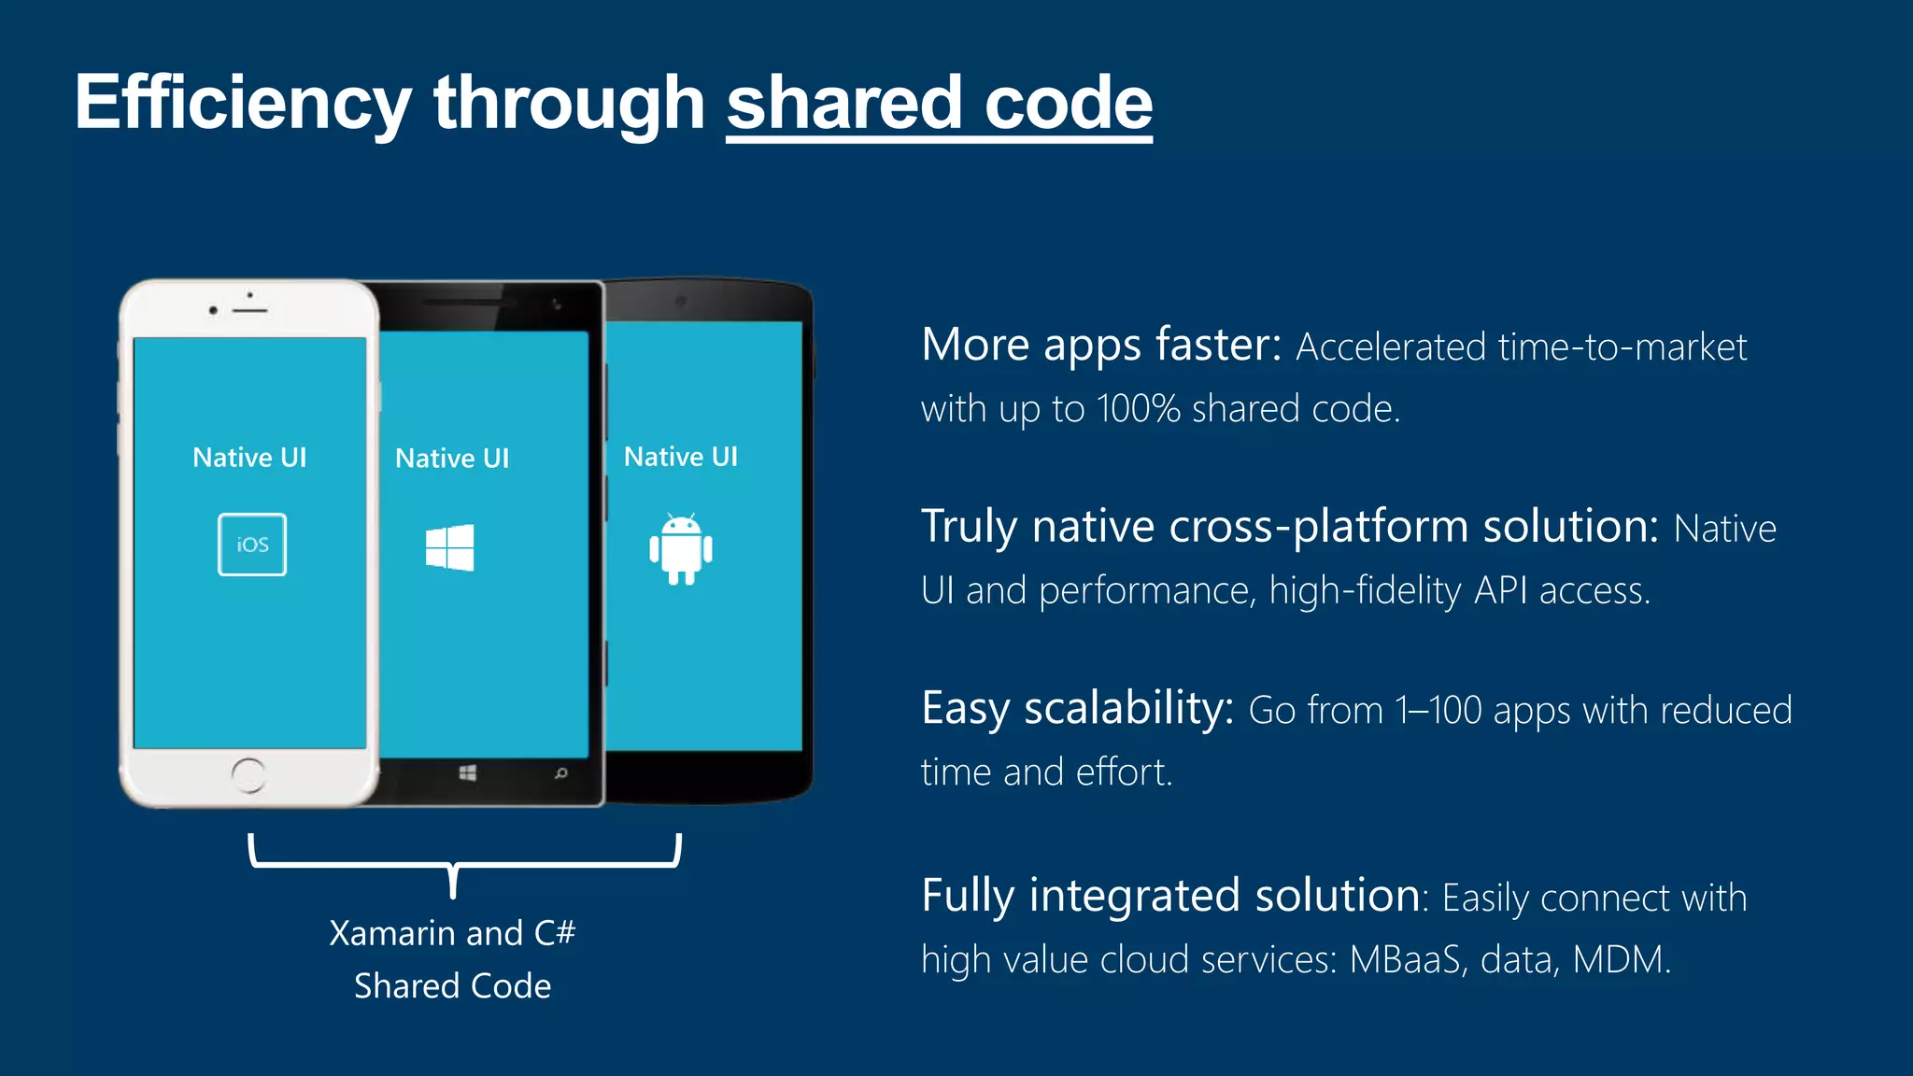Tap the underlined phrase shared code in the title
pos(939,103)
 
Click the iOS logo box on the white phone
pos(252,545)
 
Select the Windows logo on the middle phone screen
pos(449,547)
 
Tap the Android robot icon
pos(681,549)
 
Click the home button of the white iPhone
pos(248,774)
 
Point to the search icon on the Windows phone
pos(560,773)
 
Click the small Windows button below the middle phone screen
pos(468,773)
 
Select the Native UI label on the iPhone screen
pos(249,458)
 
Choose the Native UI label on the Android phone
pos(681,457)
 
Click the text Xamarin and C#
pos(452,933)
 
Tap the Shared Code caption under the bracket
pos(452,986)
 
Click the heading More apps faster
pos(1100,346)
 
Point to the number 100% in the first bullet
pos(1139,409)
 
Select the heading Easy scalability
pos(1077,708)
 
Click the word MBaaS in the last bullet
pos(1405,960)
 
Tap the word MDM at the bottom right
pos(1618,960)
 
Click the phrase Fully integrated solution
pos(1170,896)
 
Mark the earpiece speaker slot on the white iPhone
pos(249,310)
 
